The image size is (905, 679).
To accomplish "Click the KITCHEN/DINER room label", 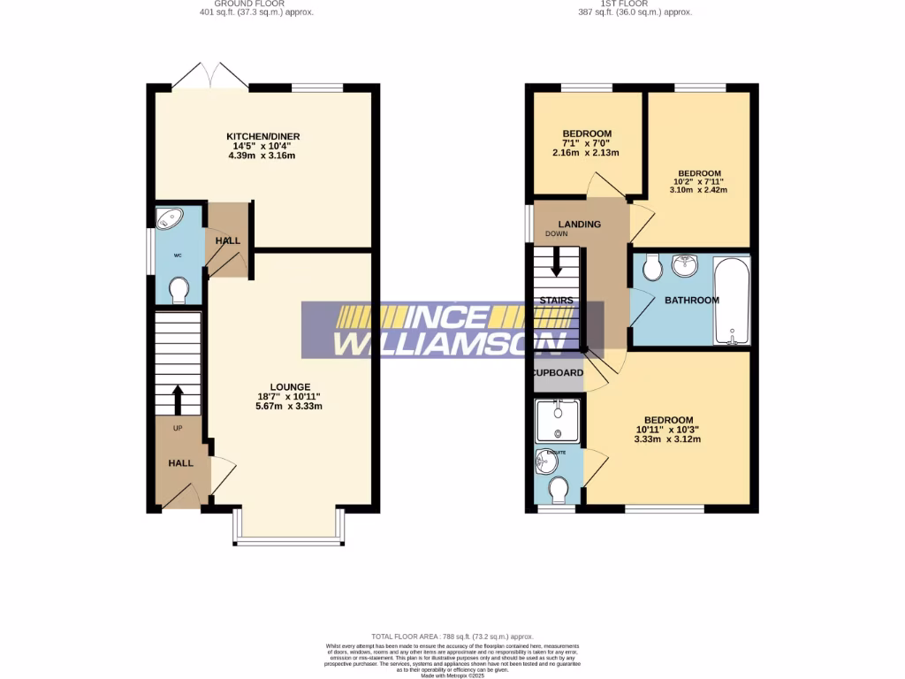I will coord(262,136).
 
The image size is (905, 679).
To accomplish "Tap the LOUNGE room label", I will coord(290,386).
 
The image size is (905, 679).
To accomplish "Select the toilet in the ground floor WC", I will coord(179,289).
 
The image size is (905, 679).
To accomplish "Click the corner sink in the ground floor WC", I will coord(167,217).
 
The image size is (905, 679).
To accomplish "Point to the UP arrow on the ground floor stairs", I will coord(178,399).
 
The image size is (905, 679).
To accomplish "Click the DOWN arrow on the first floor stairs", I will coord(557,263).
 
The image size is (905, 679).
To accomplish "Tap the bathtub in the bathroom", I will coord(732,301).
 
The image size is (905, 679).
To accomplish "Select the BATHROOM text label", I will coord(691,301).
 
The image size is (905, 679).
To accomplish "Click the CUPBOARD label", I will coord(557,373).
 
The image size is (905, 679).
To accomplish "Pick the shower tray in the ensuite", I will coord(559,421).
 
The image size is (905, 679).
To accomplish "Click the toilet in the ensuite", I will coord(559,489).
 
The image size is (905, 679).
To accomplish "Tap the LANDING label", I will coord(579,225).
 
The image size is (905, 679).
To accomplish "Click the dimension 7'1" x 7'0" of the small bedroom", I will coord(587,144).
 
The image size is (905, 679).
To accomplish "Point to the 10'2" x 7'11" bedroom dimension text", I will coord(699,184).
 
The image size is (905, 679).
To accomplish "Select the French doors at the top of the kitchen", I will coord(210,76).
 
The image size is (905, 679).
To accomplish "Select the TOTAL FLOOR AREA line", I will coord(452,636).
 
